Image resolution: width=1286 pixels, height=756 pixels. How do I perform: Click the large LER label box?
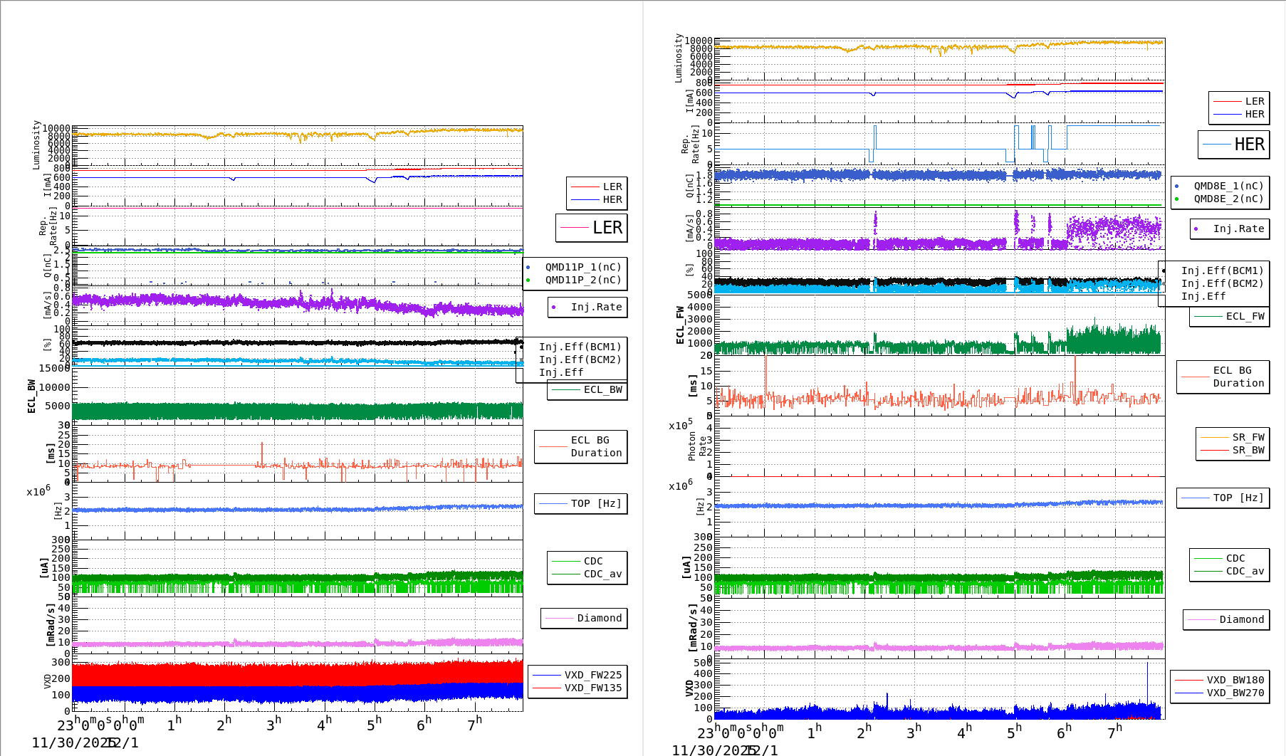tap(592, 228)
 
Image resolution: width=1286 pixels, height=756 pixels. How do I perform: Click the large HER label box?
tap(1234, 145)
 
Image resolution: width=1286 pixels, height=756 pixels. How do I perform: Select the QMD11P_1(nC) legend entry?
tap(582, 267)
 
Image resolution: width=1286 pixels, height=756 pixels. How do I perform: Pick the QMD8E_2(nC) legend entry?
tap(1228, 199)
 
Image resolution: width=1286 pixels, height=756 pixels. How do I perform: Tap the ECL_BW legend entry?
tap(602, 389)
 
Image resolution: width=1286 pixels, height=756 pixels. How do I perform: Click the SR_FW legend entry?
tap(1248, 437)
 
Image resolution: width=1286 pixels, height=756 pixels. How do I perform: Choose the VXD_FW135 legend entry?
tap(592, 688)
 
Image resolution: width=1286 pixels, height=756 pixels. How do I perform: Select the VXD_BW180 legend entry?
tap(1235, 680)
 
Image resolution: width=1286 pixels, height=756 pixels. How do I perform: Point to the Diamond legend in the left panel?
tap(599, 618)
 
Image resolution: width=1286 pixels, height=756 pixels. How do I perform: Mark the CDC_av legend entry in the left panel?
tap(602, 574)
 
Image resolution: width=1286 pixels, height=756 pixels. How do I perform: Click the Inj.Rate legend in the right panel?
tap(1238, 229)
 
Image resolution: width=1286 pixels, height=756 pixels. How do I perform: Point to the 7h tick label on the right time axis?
tap(1114, 732)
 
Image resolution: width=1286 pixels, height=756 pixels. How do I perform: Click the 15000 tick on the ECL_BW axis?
tap(55, 368)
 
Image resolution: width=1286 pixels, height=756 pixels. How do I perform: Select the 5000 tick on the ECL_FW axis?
tap(699, 294)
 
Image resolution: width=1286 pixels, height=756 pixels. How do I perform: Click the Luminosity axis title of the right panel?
tap(679, 58)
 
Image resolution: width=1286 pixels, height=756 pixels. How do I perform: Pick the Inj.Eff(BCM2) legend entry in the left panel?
tap(580, 359)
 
